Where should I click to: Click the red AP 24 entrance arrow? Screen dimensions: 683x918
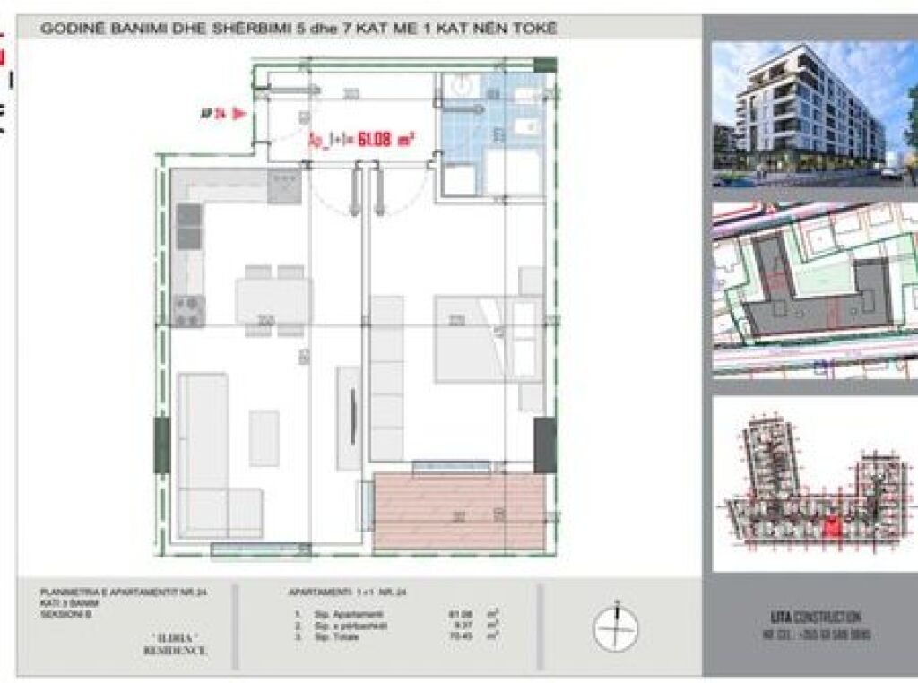(x=238, y=113)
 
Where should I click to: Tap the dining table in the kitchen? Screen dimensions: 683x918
(x=273, y=300)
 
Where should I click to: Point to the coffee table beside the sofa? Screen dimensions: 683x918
(x=264, y=437)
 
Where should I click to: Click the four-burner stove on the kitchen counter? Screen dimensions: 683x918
(x=191, y=310)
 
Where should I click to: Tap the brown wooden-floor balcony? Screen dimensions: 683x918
(x=460, y=512)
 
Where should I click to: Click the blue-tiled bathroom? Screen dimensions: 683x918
(x=489, y=125)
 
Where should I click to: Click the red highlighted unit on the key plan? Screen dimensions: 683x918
(x=832, y=530)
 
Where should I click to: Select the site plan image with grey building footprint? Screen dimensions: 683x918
(x=813, y=291)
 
